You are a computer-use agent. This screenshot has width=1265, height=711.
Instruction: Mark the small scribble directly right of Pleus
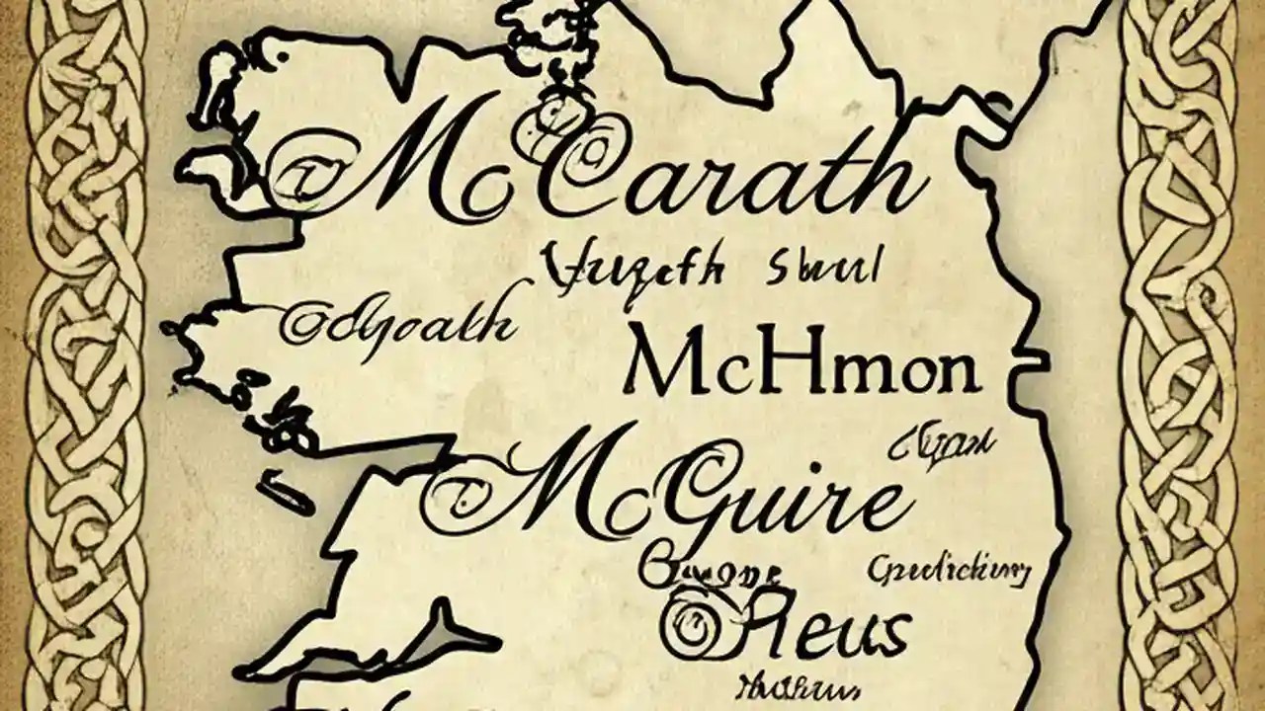[949, 570]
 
